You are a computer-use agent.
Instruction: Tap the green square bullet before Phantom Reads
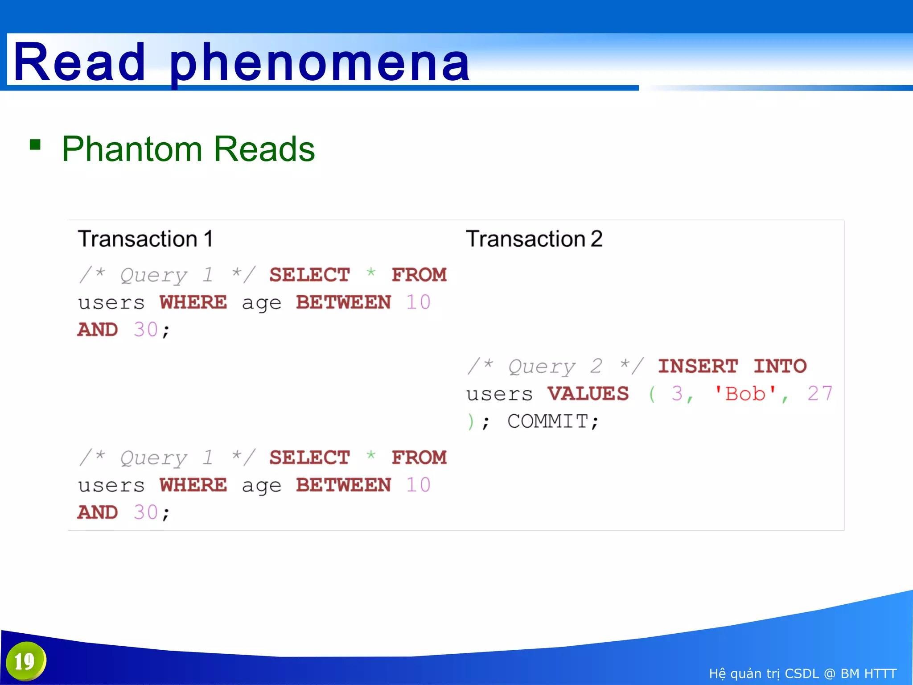point(35,145)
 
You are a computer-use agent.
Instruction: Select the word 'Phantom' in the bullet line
point(132,149)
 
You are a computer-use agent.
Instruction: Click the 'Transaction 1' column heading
point(145,239)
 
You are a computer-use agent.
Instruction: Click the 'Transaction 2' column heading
point(534,239)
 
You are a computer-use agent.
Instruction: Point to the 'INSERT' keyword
point(698,366)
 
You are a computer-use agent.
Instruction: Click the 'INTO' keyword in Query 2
point(780,366)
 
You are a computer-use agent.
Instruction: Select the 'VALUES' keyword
point(588,394)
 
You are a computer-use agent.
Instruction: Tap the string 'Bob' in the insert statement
point(745,394)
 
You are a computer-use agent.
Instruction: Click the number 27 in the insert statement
point(819,394)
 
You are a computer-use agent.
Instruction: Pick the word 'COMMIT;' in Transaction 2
point(553,421)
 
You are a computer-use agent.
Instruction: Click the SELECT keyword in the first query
point(309,275)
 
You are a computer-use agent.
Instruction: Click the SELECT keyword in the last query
point(309,458)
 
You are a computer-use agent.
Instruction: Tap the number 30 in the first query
point(145,330)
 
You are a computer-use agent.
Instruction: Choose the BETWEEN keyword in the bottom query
point(343,485)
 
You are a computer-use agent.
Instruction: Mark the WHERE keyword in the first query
point(193,302)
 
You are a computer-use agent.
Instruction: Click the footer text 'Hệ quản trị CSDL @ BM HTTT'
point(802,673)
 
